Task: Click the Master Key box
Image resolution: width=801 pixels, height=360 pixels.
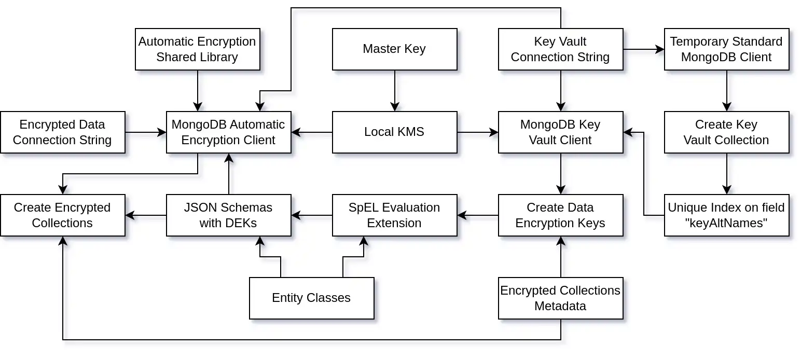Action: (394, 49)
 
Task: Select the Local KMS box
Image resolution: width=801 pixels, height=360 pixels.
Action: (394, 132)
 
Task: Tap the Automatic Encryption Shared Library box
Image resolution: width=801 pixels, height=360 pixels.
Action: (197, 49)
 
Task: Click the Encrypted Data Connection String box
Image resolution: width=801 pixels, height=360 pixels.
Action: (62, 132)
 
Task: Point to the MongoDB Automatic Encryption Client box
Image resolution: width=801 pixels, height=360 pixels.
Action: (228, 132)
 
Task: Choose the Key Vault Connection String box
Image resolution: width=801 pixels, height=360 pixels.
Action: (560, 49)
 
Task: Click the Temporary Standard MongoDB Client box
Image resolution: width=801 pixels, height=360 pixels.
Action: (726, 49)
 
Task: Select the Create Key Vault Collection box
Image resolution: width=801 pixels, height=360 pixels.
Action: (726, 132)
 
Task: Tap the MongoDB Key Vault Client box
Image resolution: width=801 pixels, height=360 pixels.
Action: (560, 132)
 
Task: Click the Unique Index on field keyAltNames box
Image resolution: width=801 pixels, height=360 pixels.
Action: (726, 215)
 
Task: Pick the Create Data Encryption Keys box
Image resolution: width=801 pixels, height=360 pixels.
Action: (560, 215)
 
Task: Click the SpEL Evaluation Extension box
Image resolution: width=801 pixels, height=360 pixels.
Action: (394, 215)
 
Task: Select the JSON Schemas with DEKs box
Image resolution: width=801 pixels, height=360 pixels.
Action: (228, 215)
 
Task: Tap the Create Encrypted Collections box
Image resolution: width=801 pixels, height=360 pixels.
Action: (62, 215)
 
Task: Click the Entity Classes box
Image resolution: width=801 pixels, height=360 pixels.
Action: (311, 298)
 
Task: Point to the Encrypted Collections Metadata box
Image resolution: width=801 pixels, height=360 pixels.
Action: (560, 298)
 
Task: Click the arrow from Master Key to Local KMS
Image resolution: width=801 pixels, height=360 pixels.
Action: (395, 91)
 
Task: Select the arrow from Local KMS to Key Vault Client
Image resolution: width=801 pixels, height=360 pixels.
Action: (477, 132)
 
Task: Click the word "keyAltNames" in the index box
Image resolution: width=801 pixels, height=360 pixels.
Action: (726, 223)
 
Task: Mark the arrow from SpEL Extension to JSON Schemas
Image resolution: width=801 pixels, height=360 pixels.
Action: (311, 215)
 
